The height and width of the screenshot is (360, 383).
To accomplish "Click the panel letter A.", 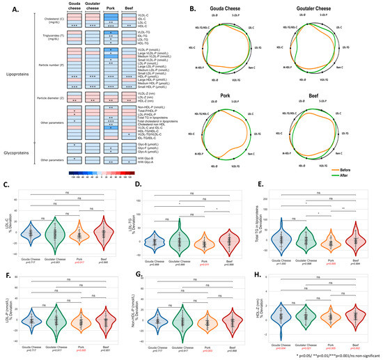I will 6,8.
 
